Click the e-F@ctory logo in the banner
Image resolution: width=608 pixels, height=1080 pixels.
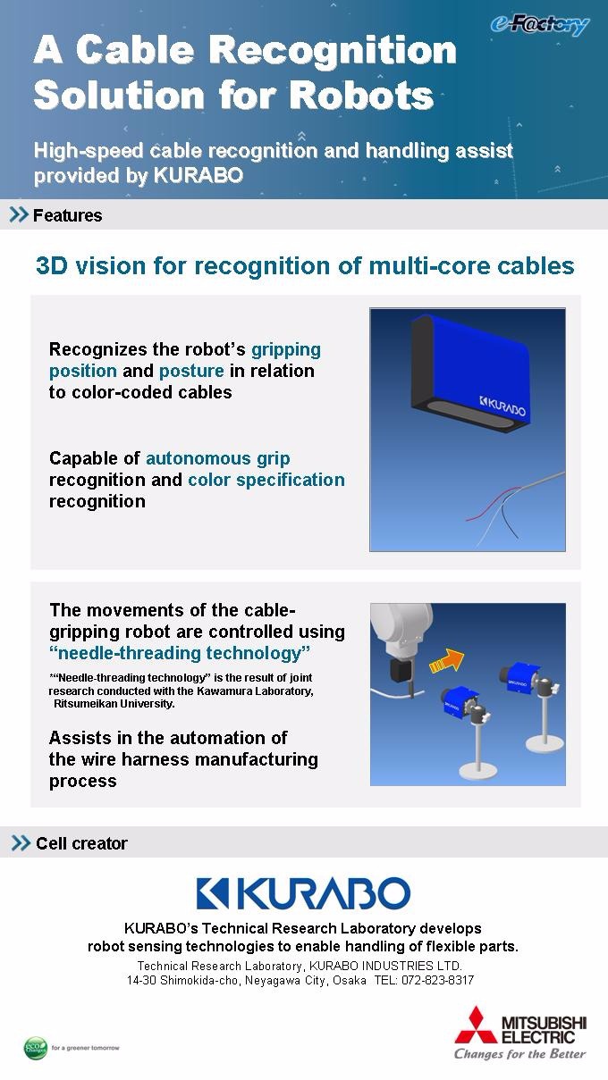(540, 24)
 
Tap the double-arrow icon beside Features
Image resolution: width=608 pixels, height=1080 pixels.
(19, 214)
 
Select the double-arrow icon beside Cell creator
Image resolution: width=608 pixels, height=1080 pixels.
(21, 842)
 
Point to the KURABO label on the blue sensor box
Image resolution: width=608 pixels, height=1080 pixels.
(502, 406)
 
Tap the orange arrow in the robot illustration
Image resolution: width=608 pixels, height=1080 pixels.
(447, 662)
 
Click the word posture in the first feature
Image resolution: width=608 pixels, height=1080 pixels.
(191, 371)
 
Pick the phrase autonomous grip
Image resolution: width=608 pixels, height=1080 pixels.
(217, 458)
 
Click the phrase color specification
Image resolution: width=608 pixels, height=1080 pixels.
(266, 481)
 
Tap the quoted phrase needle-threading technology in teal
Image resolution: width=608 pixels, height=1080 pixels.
(180, 653)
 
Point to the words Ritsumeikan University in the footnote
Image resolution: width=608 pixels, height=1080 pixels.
(114, 703)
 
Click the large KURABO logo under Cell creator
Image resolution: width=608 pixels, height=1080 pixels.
(303, 893)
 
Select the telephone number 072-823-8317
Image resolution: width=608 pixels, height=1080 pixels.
(437, 980)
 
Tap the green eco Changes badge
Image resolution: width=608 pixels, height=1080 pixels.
(36, 1048)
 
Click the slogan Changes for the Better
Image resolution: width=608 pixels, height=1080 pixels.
(520, 1054)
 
